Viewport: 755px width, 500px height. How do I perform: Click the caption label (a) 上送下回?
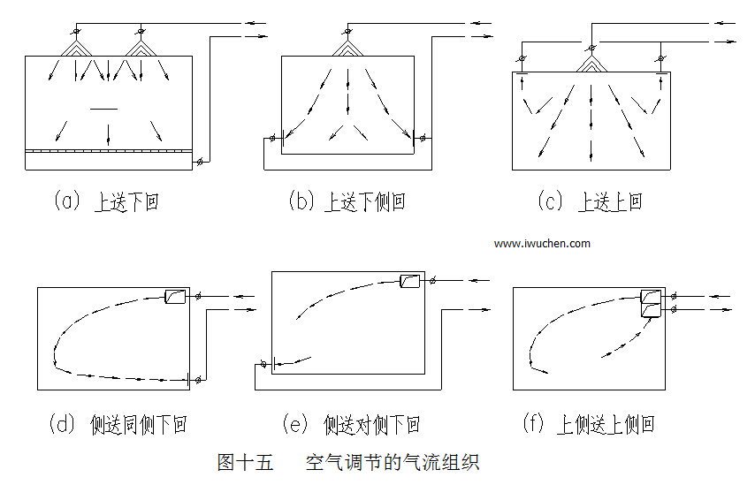pos(106,201)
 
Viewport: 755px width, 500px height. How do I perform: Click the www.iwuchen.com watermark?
pos(542,243)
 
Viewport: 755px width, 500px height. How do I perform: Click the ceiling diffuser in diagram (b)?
pos(347,46)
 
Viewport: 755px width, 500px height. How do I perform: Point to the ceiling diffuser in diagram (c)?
pos(590,62)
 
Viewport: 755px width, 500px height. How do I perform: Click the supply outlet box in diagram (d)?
pos(174,297)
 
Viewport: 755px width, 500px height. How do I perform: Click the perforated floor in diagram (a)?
pos(108,151)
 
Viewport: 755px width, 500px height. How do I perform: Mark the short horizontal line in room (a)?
pos(103,109)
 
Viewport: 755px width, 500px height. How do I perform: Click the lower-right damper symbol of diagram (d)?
pos(199,380)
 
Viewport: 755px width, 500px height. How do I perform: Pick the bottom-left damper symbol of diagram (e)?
pos(263,362)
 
